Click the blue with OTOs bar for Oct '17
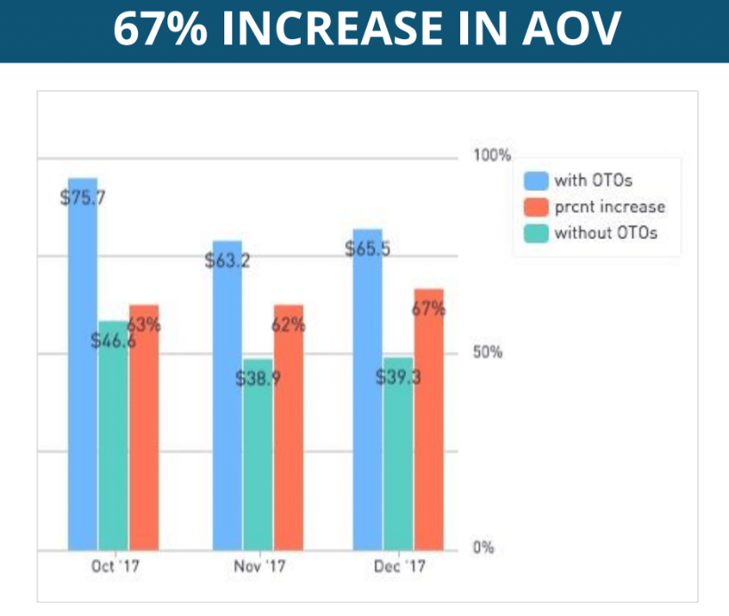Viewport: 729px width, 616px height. (x=82, y=373)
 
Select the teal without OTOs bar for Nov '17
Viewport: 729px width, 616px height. (x=257, y=462)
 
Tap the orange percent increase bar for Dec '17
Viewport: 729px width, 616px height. (x=428, y=427)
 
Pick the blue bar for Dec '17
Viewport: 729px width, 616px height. (x=368, y=400)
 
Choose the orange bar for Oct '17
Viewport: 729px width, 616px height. (x=143, y=436)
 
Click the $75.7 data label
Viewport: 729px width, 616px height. (x=83, y=198)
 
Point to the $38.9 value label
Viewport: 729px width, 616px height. (x=258, y=379)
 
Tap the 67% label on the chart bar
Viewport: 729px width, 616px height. (x=429, y=309)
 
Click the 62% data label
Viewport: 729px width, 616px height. (x=288, y=325)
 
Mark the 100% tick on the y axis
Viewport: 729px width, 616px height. (x=491, y=156)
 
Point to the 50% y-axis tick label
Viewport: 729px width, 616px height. (x=488, y=352)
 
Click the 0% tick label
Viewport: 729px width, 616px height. (x=483, y=548)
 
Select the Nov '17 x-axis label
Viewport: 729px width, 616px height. (x=259, y=566)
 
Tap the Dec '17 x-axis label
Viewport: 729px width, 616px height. (x=399, y=566)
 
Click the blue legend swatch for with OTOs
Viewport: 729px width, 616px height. (x=535, y=180)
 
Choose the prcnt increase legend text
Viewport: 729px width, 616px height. (x=610, y=207)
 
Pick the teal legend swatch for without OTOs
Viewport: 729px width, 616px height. (x=535, y=234)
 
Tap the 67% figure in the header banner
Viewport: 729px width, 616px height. (x=159, y=31)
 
